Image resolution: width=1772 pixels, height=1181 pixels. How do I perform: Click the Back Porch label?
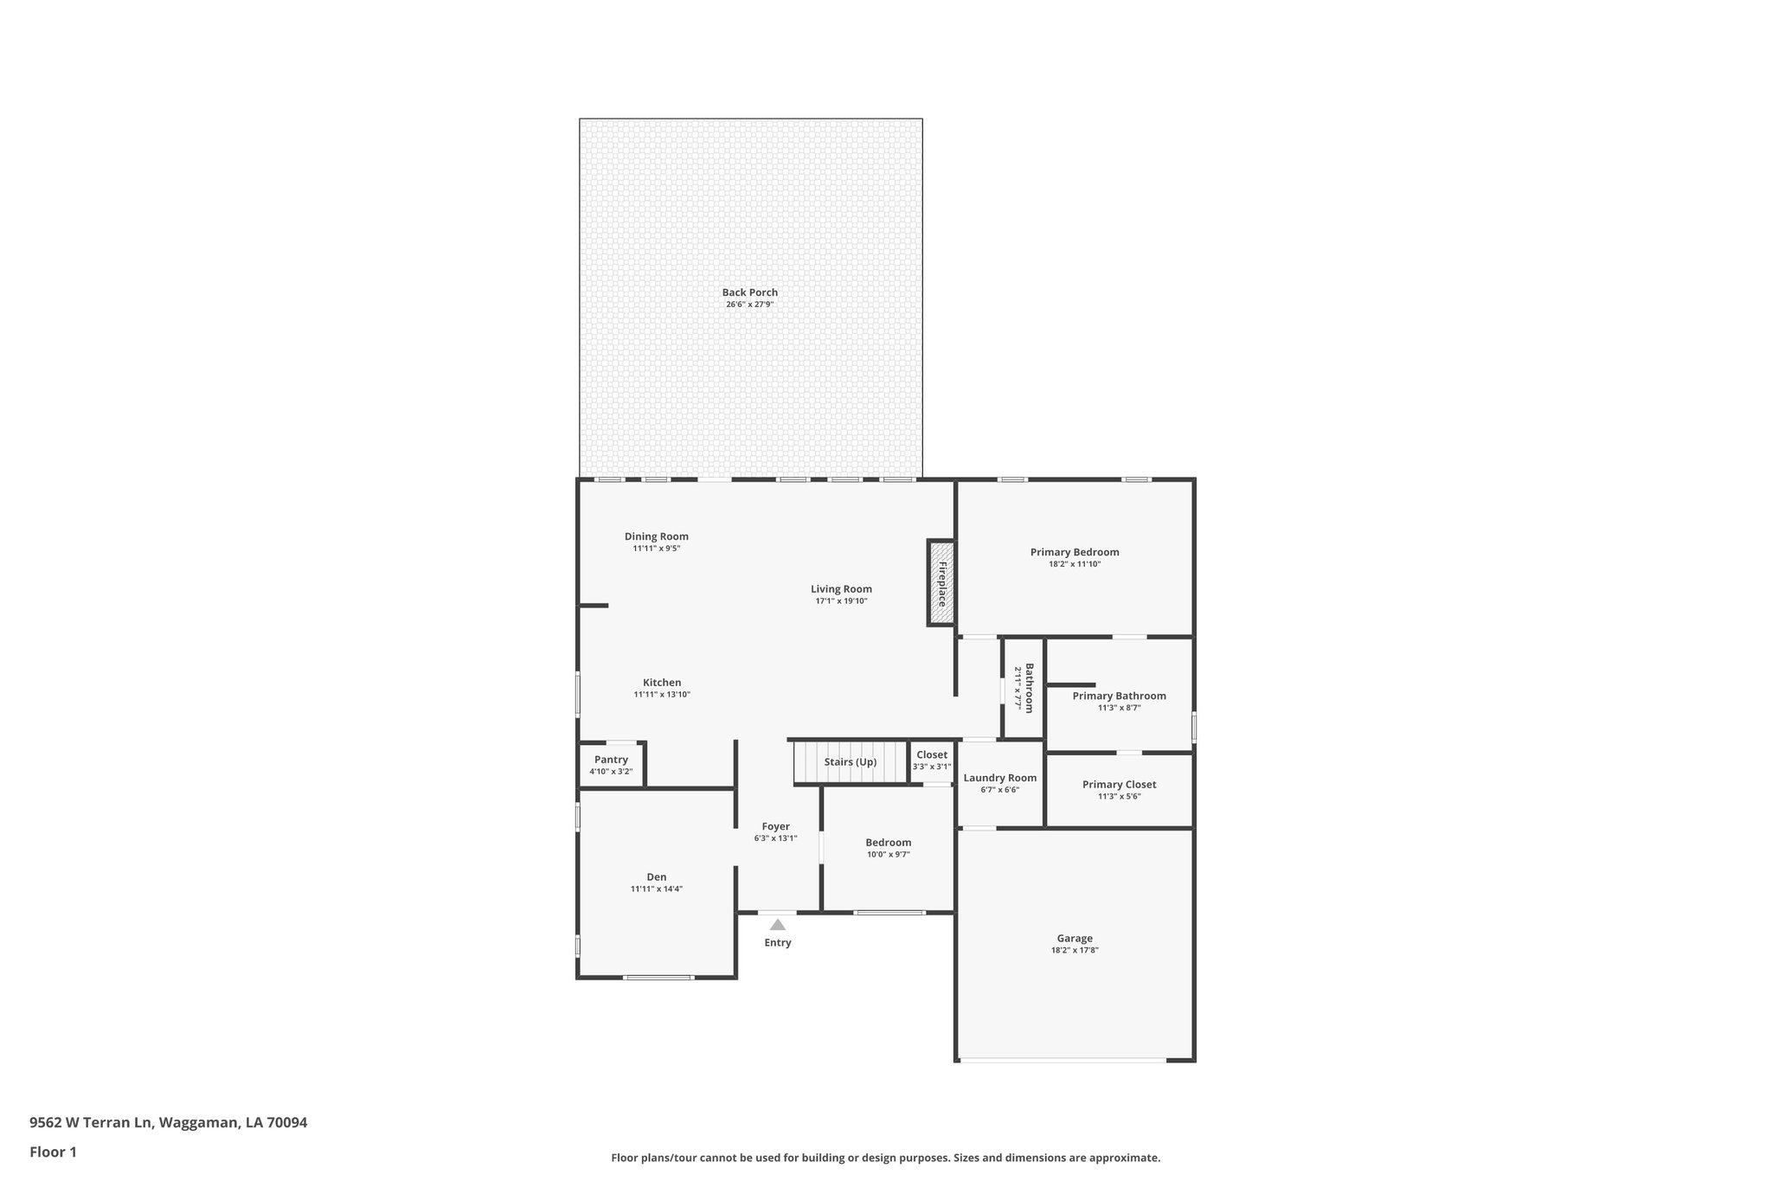(749, 292)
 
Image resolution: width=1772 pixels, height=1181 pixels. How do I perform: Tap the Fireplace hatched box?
(941, 582)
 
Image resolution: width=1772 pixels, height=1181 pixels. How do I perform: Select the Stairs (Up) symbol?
(850, 762)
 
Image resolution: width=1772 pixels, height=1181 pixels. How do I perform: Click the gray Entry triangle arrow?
(777, 925)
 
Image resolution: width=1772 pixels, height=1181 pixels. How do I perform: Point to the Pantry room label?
(611, 760)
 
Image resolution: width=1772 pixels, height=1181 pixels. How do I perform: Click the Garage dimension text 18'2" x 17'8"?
(1074, 950)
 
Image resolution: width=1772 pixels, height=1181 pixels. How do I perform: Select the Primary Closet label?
(1119, 785)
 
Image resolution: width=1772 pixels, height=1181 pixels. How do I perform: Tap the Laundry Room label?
(999, 778)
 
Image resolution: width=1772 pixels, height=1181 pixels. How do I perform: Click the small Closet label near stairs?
(932, 754)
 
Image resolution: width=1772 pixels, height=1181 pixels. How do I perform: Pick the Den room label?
(656, 877)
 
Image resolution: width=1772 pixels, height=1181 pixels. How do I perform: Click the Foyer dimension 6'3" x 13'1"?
(775, 838)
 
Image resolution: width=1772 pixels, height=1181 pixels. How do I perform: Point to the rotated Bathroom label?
(1030, 688)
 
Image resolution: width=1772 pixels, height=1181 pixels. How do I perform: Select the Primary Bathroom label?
(1119, 696)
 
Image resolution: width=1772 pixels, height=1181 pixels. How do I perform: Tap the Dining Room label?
(656, 536)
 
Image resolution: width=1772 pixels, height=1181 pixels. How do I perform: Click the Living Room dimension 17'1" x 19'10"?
(841, 601)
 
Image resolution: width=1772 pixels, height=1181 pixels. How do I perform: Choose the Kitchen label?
(661, 683)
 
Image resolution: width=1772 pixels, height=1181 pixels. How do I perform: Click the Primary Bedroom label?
(1074, 552)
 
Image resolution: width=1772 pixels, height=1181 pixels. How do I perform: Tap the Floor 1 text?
(54, 1152)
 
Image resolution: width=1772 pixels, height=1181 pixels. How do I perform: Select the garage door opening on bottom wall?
(1062, 1060)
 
